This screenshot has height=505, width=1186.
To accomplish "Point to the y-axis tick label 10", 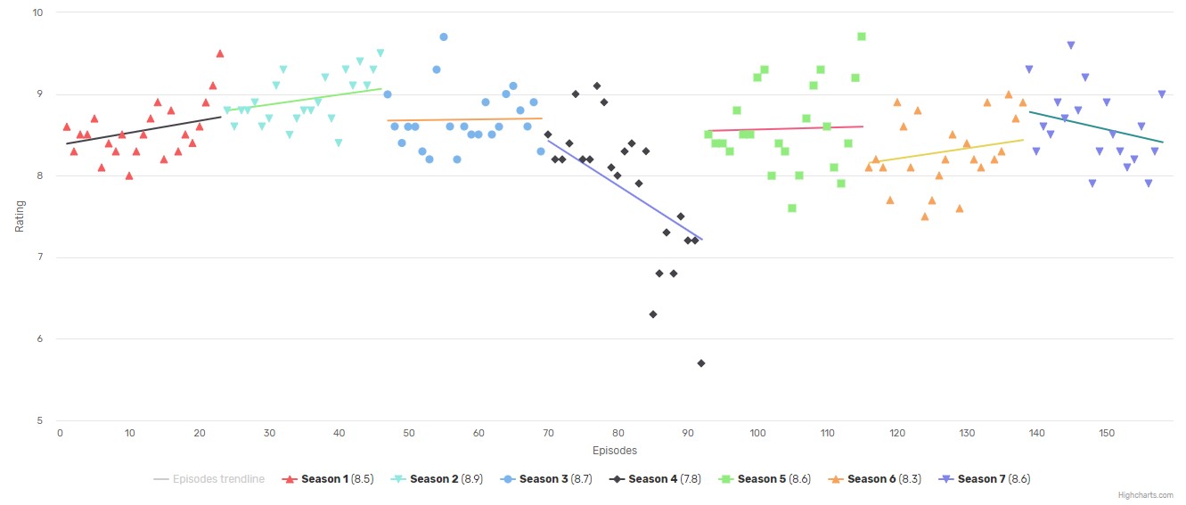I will (37, 12).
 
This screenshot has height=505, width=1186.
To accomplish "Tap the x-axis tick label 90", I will (688, 434).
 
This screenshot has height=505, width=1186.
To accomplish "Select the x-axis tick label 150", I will (1107, 434).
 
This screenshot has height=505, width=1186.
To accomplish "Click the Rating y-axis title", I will (20, 216).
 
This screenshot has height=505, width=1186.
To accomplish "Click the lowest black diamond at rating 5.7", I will (701, 363).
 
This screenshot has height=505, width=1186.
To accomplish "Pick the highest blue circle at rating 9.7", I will (444, 37).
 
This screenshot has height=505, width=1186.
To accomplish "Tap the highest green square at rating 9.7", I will (862, 37).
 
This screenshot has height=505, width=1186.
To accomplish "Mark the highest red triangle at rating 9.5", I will (219, 53).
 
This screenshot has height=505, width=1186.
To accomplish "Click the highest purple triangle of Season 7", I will (1071, 45).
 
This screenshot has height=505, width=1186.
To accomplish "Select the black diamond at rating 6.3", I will (653, 314).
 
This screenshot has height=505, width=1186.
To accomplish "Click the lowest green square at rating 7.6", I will (792, 208).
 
